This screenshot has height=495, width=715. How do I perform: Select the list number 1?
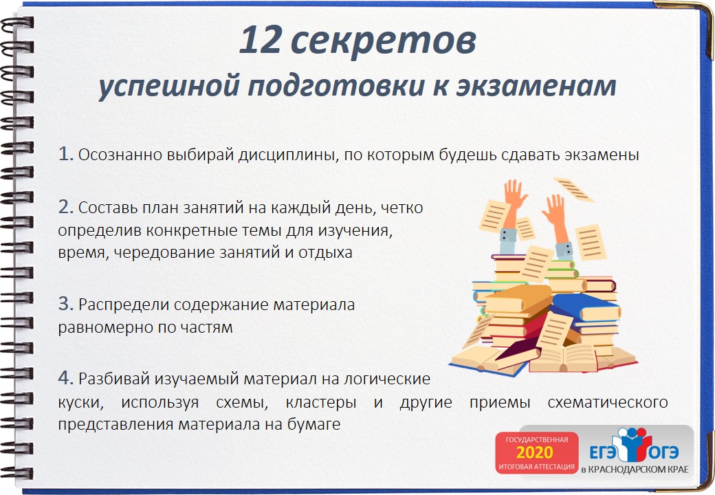(x=65, y=154)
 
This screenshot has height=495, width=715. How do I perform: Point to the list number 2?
(x=65, y=206)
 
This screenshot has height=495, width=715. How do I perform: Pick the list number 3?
(x=65, y=304)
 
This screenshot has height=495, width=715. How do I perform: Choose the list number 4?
(x=65, y=378)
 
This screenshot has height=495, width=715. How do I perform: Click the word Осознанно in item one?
(x=120, y=155)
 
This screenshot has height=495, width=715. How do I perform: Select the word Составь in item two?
(x=104, y=208)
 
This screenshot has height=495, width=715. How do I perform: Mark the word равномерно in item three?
(x=100, y=327)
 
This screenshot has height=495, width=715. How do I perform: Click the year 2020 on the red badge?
(x=534, y=453)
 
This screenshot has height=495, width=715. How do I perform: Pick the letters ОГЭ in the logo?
(x=660, y=453)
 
